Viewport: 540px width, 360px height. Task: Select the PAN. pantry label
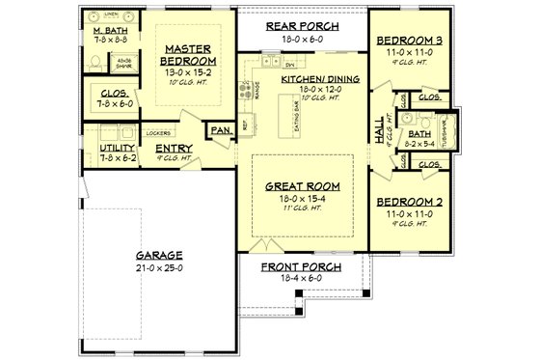tap(221, 127)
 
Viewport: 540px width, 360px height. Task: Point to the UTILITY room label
tap(118, 148)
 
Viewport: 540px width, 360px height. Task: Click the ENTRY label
tap(175, 148)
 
